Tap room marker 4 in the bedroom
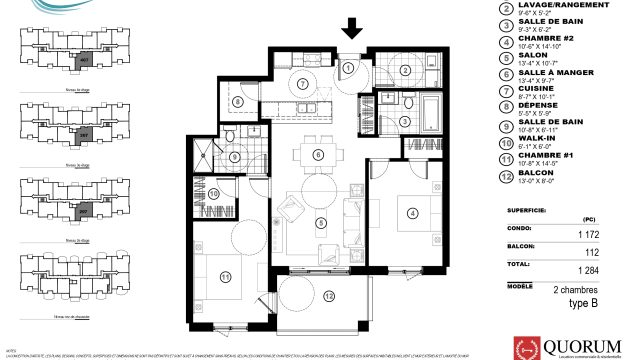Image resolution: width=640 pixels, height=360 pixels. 411,211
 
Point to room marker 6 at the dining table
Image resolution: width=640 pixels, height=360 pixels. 317,154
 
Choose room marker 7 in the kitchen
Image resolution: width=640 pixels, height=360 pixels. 302,84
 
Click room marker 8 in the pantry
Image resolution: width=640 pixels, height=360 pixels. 238,101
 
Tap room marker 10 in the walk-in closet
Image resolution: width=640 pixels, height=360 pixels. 215,192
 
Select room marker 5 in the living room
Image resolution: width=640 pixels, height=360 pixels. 321,222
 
